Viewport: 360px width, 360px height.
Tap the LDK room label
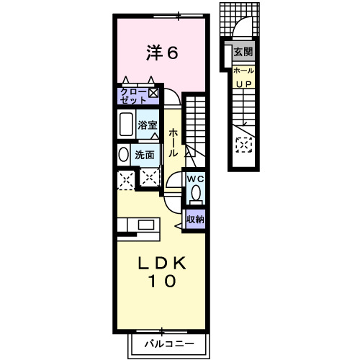(x=162, y=262)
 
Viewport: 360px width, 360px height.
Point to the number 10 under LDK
(x=162, y=282)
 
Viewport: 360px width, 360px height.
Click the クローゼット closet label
(x=133, y=94)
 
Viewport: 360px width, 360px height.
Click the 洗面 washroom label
(x=145, y=154)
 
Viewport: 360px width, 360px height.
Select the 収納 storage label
(x=195, y=219)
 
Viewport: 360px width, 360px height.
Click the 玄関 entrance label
(x=243, y=52)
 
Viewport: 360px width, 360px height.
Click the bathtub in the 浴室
(x=125, y=125)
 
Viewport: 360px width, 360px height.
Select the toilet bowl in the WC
(x=196, y=194)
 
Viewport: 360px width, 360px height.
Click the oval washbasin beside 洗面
(x=122, y=154)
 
